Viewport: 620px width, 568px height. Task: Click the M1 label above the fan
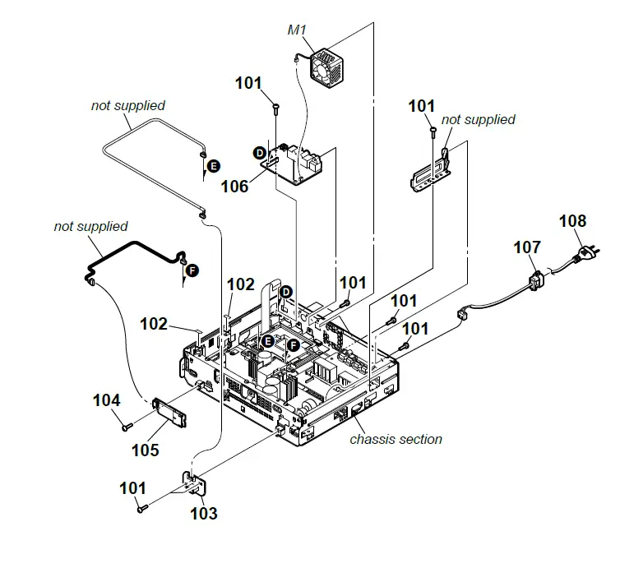[x=296, y=30]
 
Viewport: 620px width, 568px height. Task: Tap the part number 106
[x=234, y=187]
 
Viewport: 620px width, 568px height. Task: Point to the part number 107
[x=527, y=247]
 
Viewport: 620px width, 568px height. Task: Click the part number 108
[x=573, y=221]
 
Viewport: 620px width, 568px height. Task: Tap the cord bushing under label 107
[x=534, y=279]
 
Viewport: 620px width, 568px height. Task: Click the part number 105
[x=144, y=450]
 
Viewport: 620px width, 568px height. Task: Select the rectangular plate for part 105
[x=171, y=412]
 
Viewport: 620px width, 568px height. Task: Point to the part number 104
[x=106, y=401]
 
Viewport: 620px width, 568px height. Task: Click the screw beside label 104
[x=126, y=427]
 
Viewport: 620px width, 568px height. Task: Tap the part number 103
[x=204, y=514]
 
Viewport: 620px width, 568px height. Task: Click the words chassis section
[x=396, y=439]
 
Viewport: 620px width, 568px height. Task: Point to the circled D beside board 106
[x=259, y=153]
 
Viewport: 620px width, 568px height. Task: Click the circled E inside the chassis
[x=266, y=340]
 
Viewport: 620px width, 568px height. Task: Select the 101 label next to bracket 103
[x=132, y=488]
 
